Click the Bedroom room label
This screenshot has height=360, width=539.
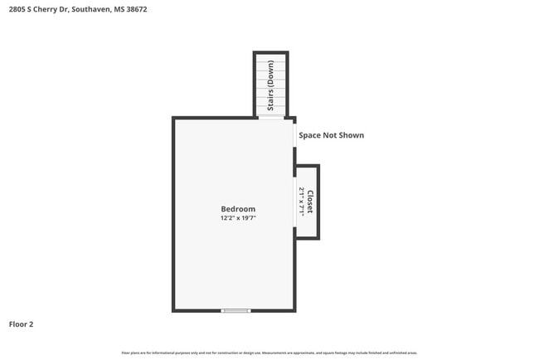pyautogui.click(x=238, y=209)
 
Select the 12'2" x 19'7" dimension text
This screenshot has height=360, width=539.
pyautogui.click(x=238, y=218)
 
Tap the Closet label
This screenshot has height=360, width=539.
pyautogui.click(x=309, y=202)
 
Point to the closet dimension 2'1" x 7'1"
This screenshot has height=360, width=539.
pyautogui.click(x=301, y=202)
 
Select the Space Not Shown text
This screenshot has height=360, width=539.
pyautogui.click(x=331, y=135)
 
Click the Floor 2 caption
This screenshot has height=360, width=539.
pyautogui.click(x=22, y=324)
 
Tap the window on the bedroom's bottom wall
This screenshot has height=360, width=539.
pyautogui.click(x=236, y=310)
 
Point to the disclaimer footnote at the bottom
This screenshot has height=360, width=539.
pyautogui.click(x=269, y=353)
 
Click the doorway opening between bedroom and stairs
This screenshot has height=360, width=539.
pyautogui.click(x=270, y=118)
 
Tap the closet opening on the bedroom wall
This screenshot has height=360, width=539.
pyautogui.click(x=294, y=201)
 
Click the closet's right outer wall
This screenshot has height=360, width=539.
pyautogui.click(x=318, y=202)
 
